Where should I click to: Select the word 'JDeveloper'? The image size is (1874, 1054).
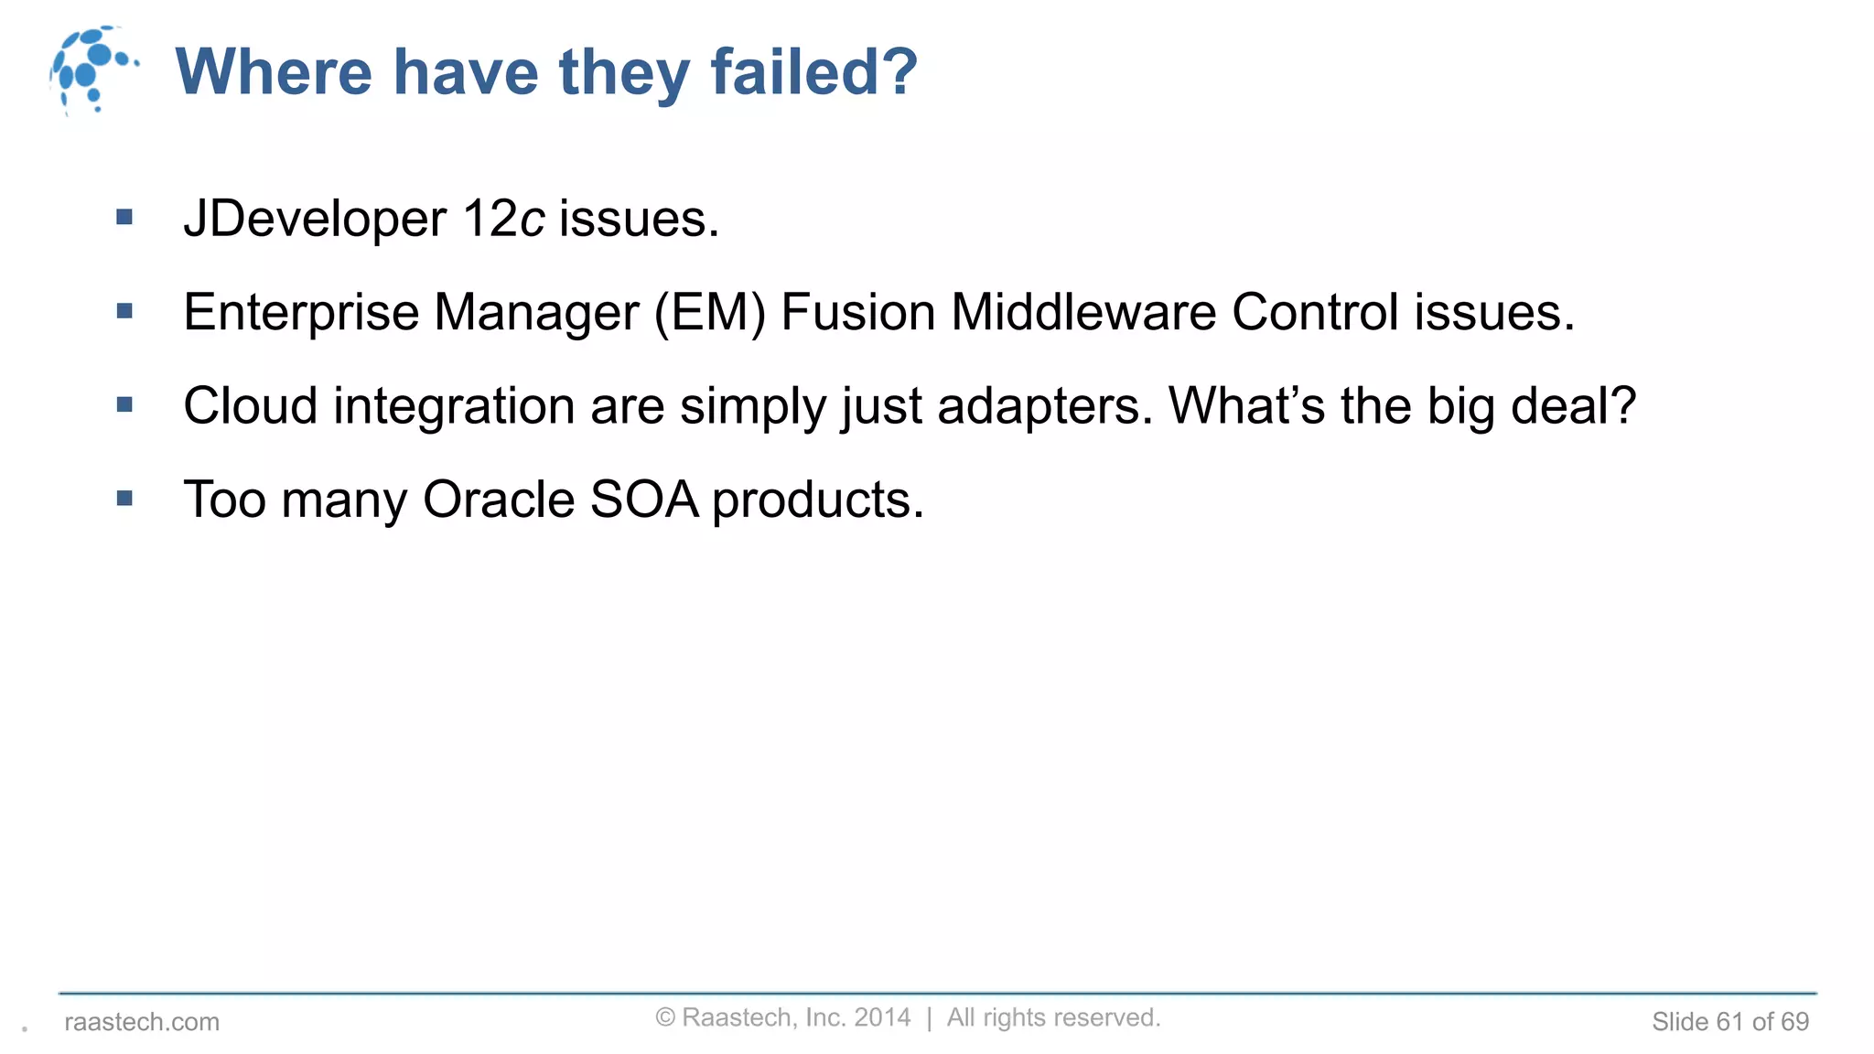coord(315,220)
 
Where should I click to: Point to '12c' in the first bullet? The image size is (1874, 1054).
coord(503,220)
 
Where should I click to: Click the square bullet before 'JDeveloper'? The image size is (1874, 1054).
coord(125,218)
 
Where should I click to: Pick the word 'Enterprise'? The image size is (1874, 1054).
coord(301,313)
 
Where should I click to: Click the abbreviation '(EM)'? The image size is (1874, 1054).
coord(709,313)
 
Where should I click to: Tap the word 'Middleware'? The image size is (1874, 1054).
coord(1083,313)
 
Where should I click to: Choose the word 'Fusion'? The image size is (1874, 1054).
coord(857,313)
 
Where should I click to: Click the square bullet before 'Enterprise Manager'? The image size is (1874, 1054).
coord(125,312)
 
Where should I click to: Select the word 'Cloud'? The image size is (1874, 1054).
coord(250,406)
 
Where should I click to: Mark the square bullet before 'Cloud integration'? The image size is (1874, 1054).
coord(125,405)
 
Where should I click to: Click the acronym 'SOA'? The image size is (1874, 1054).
coord(644,500)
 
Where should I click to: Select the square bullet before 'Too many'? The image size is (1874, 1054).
coord(125,499)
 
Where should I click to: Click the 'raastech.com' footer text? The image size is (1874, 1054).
coord(142,1022)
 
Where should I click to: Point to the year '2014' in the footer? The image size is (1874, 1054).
coord(882,1017)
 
